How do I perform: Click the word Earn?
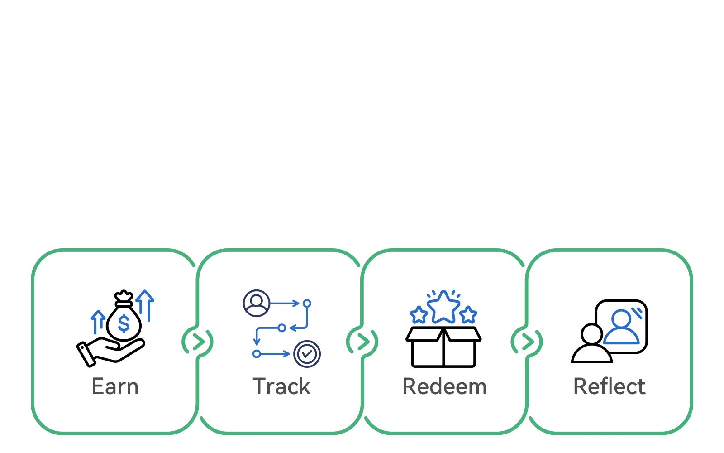(x=115, y=387)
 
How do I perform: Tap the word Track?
(x=281, y=387)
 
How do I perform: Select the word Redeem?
(x=444, y=387)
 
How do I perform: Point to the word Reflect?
(x=609, y=387)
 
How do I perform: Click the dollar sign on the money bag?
(x=124, y=324)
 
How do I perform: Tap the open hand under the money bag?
(x=111, y=352)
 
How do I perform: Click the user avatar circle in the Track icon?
(x=257, y=303)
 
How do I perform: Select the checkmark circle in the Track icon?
(x=307, y=354)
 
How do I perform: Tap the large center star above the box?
(x=443, y=307)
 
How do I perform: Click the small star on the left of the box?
(x=419, y=315)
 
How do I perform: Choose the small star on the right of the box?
(x=468, y=315)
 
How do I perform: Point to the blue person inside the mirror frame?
(x=622, y=327)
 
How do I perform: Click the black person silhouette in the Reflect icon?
(x=591, y=345)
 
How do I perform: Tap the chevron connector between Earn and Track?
(x=198, y=342)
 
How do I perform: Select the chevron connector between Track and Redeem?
(x=362, y=342)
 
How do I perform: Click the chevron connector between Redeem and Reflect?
(x=527, y=342)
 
